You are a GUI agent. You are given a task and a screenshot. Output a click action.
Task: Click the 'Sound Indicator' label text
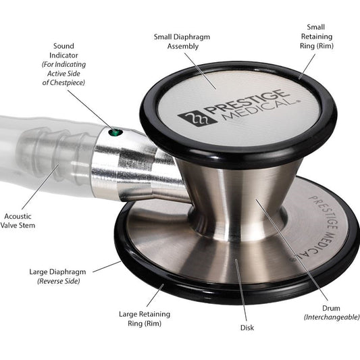63,51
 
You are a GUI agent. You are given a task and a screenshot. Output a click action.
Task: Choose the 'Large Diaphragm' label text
57,272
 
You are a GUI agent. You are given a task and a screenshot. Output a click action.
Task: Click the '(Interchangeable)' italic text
330,317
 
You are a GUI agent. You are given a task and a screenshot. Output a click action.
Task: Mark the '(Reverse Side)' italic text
57,281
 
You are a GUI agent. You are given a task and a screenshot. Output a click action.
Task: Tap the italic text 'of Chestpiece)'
63,82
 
